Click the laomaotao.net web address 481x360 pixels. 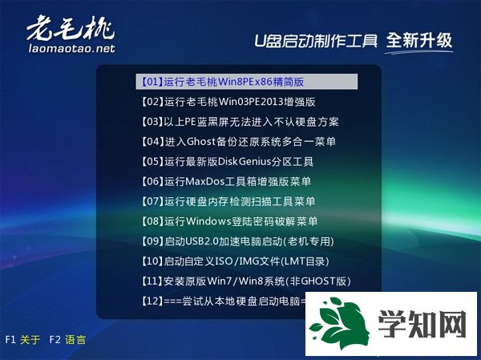[x=71, y=48]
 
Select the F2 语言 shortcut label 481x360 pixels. [x=67, y=340]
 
